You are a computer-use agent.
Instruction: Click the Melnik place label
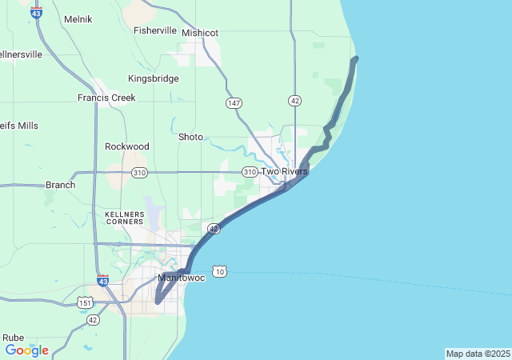78,18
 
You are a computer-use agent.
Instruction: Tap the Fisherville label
155,30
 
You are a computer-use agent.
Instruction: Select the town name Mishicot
200,33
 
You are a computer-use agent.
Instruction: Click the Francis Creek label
106,98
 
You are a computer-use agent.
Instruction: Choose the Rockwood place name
127,146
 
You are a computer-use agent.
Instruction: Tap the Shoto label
190,137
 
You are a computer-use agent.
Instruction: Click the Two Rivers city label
284,171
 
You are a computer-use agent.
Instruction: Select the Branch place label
60,185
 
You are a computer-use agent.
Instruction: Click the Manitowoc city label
182,278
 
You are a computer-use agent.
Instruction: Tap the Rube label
13,338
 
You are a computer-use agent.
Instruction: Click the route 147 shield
234,103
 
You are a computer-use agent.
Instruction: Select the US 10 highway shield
220,272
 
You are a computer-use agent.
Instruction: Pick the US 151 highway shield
85,302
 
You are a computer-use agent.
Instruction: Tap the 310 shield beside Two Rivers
250,172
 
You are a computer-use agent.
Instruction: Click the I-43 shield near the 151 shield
103,281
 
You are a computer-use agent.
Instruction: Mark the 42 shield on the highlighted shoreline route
214,229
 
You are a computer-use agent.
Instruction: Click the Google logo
26,350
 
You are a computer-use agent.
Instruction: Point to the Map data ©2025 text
477,354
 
